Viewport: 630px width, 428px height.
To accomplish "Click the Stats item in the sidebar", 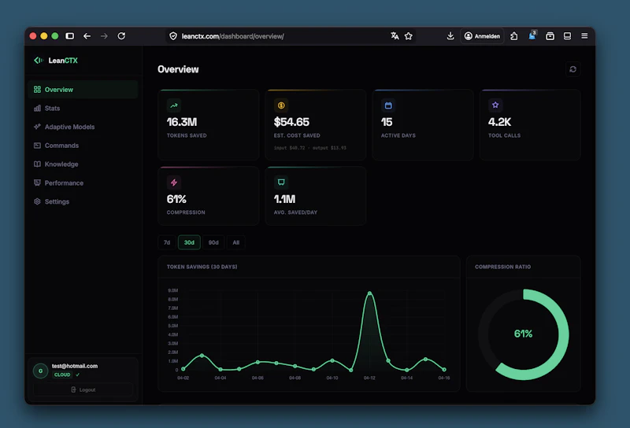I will tap(52, 109).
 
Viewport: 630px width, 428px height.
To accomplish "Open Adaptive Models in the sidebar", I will tap(69, 127).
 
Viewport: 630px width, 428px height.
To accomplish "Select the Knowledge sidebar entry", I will tap(61, 164).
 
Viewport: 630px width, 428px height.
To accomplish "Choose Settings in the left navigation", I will tap(57, 202).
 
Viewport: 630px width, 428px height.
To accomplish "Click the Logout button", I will tap(83, 389).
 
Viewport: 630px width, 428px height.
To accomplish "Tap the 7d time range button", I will tap(167, 242).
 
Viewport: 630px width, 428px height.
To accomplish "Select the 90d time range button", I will tap(213, 242).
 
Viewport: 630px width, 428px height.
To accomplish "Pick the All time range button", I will tap(235, 242).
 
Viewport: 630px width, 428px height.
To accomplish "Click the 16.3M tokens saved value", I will tap(181, 122).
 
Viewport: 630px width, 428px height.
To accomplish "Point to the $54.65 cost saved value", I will tap(291, 122).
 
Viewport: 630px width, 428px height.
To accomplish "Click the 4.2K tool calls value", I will tap(500, 122).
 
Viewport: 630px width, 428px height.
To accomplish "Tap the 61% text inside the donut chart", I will tap(523, 334).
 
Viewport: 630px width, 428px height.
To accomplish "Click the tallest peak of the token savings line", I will tap(369, 293).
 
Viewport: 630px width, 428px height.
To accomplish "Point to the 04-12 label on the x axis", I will tap(369, 378).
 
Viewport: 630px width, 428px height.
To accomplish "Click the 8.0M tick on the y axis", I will tap(172, 290).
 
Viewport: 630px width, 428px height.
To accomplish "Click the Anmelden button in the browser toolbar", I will tap(483, 36).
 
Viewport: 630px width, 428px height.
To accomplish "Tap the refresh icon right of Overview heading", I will tap(573, 69).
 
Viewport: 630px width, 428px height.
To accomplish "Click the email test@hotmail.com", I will tap(75, 366).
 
